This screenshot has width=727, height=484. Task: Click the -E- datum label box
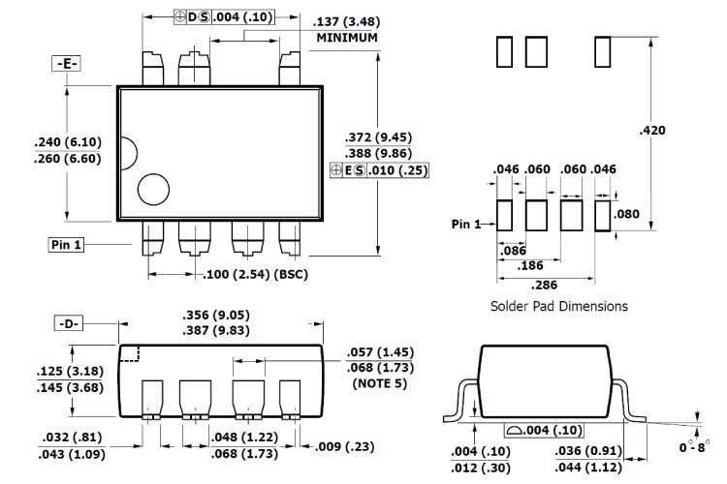pos(66,64)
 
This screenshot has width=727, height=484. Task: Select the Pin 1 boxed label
pos(66,244)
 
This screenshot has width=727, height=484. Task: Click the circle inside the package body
pos(153,189)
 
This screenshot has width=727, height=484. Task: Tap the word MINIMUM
pos(346,38)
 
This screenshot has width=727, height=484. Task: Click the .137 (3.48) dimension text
pos(345,21)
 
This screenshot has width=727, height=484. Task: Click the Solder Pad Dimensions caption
pos(557,306)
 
